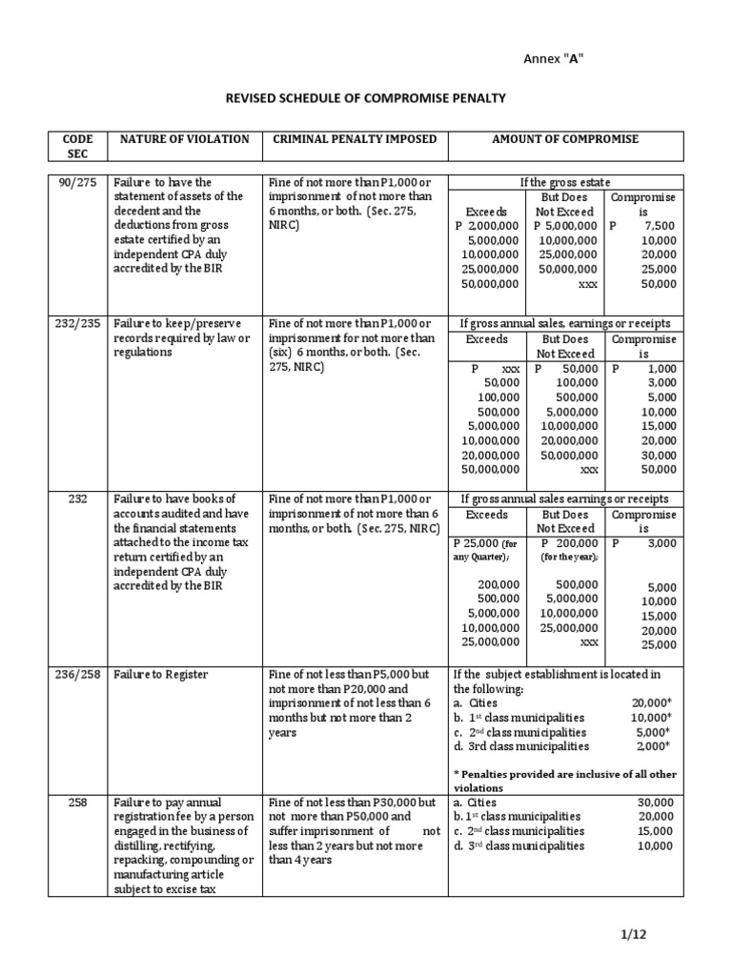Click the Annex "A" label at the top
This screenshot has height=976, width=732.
555,59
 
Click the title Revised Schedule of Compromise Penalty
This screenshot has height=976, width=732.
365,98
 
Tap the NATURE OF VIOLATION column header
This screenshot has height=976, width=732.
184,139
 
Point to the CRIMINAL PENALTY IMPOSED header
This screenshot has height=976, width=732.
355,139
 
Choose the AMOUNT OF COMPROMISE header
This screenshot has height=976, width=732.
565,139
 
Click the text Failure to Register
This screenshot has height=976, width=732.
160,675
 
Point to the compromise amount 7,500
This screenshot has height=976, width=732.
657,226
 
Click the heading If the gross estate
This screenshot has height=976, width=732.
565,182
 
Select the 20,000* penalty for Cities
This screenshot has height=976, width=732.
654,703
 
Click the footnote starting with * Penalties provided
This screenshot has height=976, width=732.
566,782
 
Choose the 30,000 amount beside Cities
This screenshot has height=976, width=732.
655,803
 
